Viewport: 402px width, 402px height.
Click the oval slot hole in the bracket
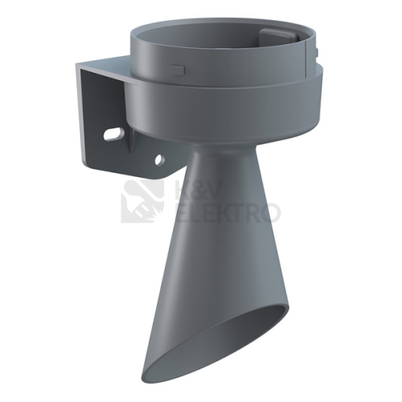pos(113,134)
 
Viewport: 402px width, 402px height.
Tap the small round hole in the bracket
pos(160,160)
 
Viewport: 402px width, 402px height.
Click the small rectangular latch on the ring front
pos(177,70)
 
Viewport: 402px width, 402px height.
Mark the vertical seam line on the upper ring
pos(306,58)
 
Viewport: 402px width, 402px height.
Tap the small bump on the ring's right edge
pos(317,52)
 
